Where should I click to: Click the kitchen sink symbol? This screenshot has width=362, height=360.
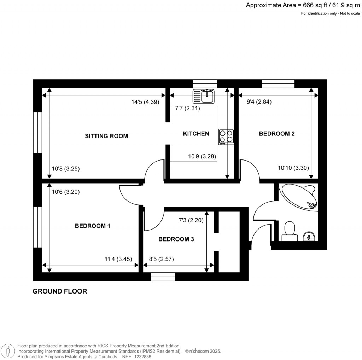204,96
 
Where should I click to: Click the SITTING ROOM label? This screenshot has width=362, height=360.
106,136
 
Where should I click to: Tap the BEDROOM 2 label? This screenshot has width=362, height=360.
277,134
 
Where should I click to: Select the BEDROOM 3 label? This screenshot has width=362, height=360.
176,239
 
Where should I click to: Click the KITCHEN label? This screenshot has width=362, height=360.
196,134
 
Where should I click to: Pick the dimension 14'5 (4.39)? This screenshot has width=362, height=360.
145,102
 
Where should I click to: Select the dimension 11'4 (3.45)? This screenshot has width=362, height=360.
118,259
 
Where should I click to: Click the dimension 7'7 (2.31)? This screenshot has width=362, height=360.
188,109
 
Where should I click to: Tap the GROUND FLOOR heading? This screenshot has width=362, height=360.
60,291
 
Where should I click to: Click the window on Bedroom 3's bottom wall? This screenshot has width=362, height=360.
163,277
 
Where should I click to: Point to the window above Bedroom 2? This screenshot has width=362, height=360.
278,83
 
